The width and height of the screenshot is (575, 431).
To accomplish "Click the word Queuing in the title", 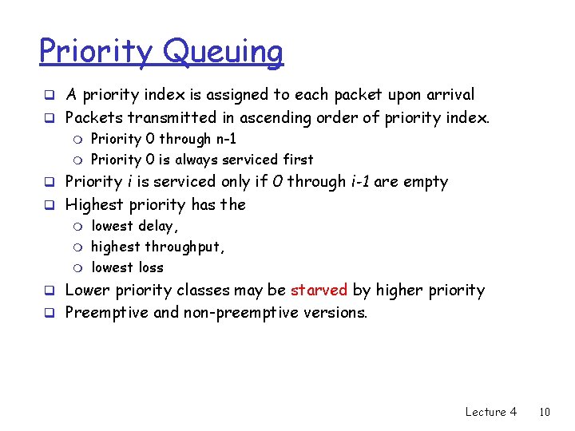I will pos(224,53).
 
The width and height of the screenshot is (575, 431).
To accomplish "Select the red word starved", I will pos(319,290).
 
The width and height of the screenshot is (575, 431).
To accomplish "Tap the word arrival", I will pos(447,95).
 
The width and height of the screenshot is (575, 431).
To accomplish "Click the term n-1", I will pos(222,138).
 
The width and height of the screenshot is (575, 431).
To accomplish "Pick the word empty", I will pos(425,182).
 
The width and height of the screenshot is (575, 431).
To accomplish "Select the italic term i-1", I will pos(363,181).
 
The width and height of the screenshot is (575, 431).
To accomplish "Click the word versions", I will pos(335,312).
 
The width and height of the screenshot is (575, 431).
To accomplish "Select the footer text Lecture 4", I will pos(490,412).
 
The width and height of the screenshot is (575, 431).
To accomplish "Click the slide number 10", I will pos(545,412).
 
